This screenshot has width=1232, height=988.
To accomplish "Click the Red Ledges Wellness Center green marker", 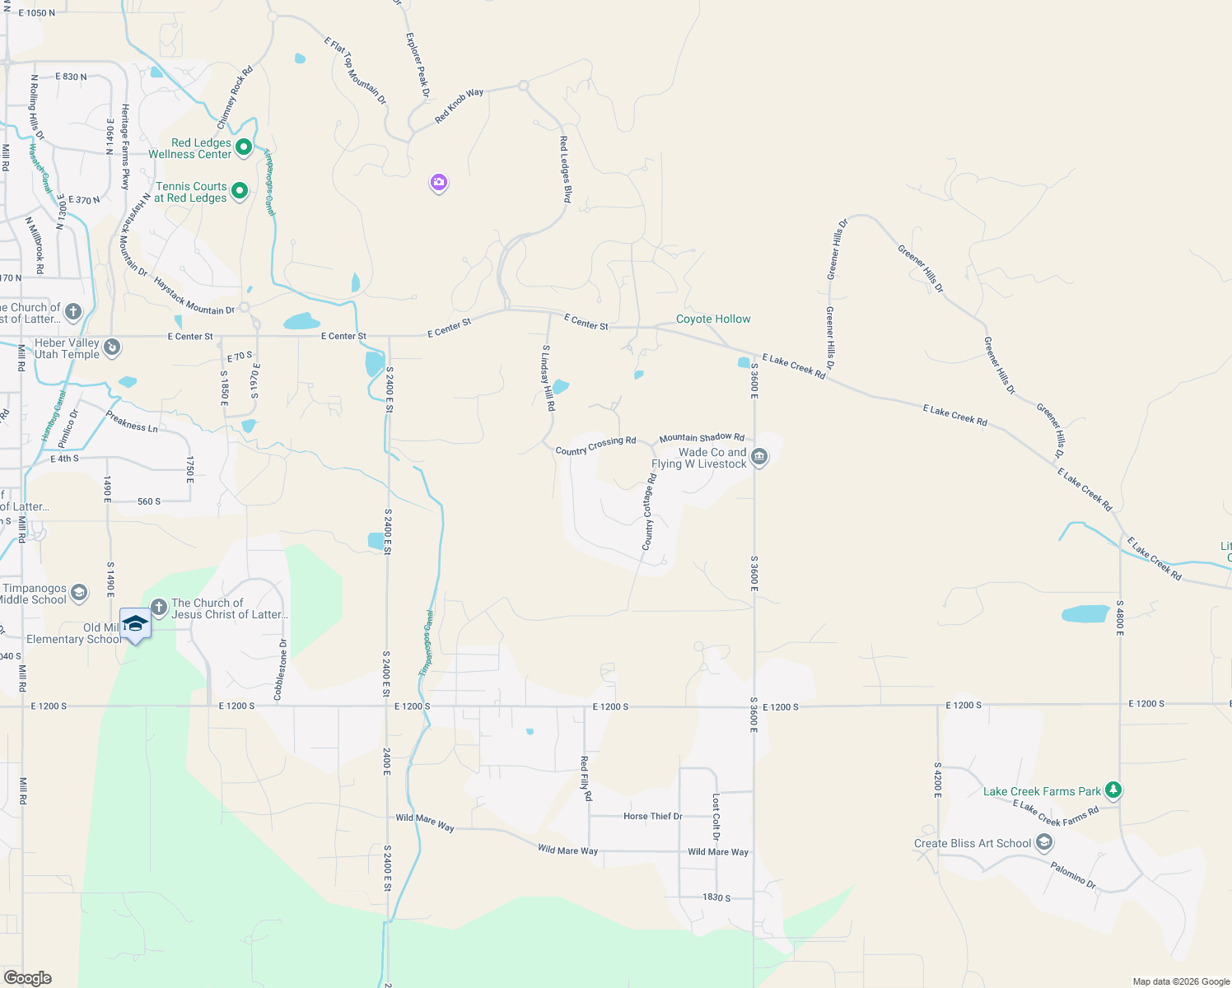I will pos(244,147).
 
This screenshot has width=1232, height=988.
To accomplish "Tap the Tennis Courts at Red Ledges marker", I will pos(240,191).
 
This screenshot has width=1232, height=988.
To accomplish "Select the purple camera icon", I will pos(439,182).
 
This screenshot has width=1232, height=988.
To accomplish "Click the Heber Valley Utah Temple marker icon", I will pos(113,347).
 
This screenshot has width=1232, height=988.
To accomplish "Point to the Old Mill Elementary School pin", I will pos(135,625).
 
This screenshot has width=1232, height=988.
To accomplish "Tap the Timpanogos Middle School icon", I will pos(79,593).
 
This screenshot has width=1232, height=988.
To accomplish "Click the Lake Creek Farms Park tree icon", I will pos(1113,790).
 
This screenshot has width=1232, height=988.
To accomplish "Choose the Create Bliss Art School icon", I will pos(1044,842).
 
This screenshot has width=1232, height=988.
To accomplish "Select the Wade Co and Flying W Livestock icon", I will pos(759,457).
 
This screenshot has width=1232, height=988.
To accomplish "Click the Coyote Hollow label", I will pos(713,319).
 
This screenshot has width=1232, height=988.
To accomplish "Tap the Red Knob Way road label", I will pos(459,106).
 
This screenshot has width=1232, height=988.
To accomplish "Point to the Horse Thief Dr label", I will pos(652,816).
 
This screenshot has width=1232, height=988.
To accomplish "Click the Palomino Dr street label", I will pos(1073,875).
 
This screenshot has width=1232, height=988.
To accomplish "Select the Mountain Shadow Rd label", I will pos(702,438).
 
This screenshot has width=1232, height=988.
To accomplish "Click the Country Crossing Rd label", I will pos(595,445).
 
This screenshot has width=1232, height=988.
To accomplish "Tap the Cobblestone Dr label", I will pos(280,669).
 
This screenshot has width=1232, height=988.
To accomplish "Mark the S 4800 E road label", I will pos(1119,617).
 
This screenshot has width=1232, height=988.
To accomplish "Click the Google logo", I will pos(28,977).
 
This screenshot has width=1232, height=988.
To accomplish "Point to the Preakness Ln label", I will pos(132,422).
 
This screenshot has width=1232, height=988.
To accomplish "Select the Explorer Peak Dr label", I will pos(418,65).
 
